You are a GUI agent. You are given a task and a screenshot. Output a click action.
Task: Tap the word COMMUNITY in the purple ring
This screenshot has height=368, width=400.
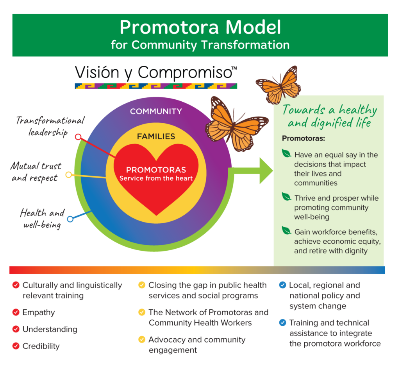[x=156, y=111]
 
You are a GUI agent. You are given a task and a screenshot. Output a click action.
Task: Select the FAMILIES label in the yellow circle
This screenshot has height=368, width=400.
[x=156, y=136]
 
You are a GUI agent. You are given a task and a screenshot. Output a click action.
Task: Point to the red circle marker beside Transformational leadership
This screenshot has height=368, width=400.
[x=78, y=137]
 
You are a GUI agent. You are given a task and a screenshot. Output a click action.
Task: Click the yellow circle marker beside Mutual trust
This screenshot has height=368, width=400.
[x=69, y=174]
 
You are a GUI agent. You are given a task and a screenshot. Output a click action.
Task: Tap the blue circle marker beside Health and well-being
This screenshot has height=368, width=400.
[x=70, y=219]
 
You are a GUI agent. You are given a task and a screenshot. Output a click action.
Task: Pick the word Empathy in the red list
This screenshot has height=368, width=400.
[x=39, y=312]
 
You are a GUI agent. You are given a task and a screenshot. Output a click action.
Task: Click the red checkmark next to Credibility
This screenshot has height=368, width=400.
[x=16, y=346]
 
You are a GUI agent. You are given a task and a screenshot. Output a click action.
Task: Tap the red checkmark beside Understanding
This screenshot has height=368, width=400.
[x=16, y=329]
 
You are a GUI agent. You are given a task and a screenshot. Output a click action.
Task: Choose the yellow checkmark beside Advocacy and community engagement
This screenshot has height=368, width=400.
[x=142, y=339]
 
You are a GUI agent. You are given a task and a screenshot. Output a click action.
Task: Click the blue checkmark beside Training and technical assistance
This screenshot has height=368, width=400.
[x=282, y=323]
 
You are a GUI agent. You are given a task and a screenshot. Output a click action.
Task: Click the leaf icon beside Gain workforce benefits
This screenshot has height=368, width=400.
[x=287, y=230]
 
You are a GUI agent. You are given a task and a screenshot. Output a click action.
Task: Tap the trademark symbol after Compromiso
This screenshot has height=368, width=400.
[x=234, y=68]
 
